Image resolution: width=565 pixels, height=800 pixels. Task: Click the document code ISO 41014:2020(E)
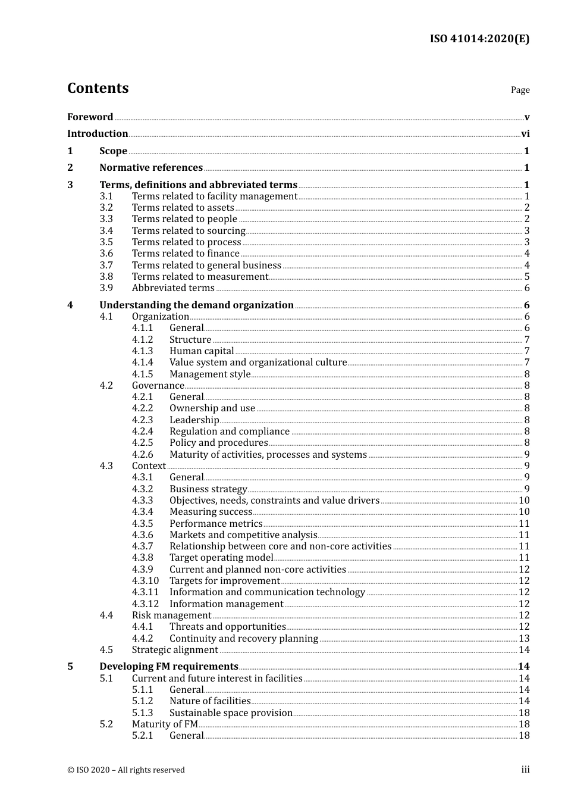point(479,39)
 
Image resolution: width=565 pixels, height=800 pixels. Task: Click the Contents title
point(98,88)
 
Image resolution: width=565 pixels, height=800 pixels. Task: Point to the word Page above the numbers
point(520,90)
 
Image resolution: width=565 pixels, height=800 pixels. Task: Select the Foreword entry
point(90,117)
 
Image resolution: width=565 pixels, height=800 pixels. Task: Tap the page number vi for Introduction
point(525,134)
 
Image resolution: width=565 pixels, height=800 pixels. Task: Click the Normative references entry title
point(151,168)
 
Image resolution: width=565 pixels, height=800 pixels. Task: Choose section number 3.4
point(106,231)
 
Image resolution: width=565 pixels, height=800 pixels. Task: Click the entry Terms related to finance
point(186,254)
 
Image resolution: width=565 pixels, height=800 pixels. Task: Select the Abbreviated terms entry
point(173,288)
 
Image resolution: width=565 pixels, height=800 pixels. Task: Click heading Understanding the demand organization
point(196,305)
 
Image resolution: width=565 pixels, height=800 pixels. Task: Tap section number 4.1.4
point(142,362)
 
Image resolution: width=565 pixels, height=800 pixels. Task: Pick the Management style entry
point(210,374)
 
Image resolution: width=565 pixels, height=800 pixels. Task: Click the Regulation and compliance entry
point(230,432)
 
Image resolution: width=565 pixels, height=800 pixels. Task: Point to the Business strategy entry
point(208,489)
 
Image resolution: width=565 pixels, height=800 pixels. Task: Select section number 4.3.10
point(145,581)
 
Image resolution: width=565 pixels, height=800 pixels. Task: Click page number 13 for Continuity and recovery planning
point(524,639)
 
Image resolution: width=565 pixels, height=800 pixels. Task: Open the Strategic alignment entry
point(175,650)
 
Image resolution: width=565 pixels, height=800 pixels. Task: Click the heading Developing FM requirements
point(169,667)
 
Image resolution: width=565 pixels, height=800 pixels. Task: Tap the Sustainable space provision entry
point(231,713)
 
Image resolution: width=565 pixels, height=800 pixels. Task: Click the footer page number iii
point(525,770)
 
